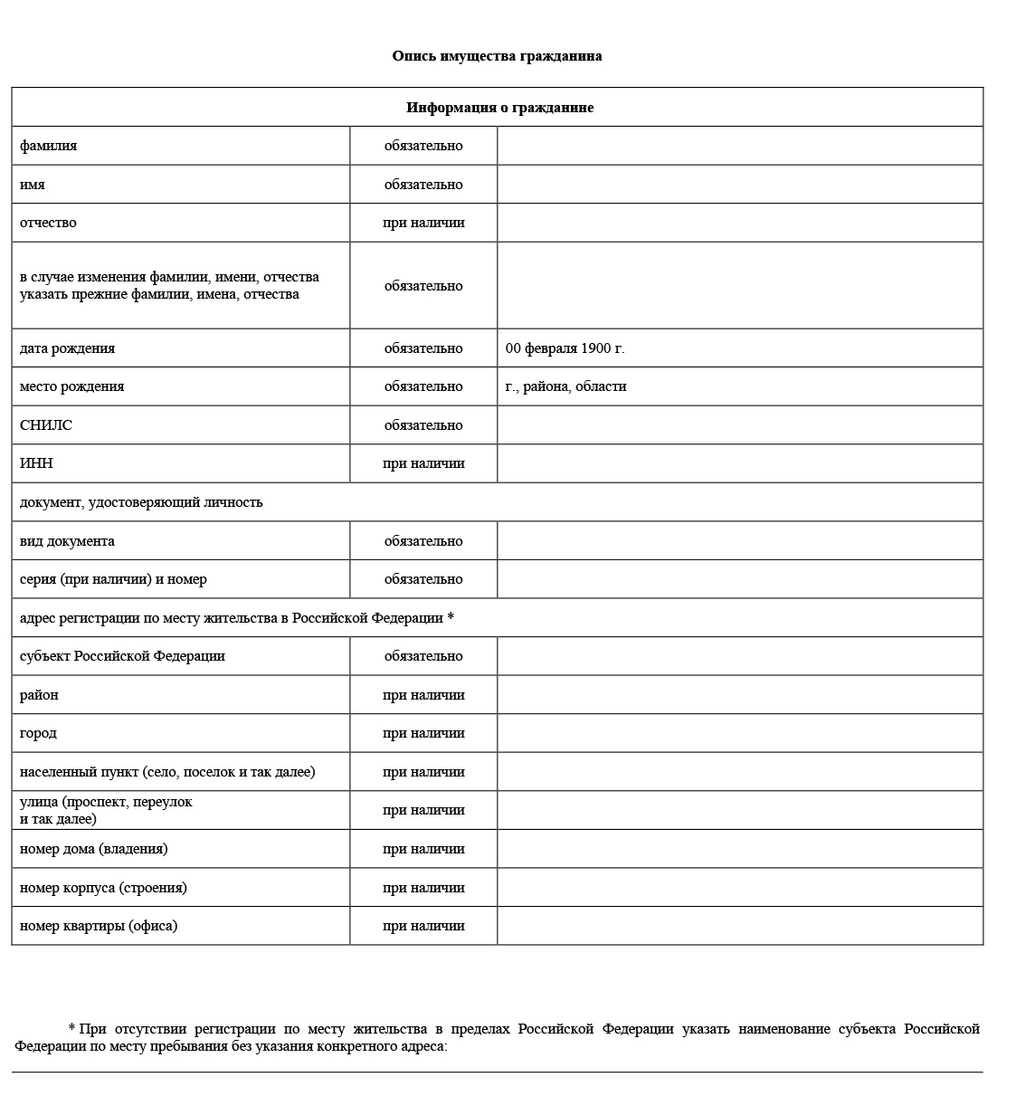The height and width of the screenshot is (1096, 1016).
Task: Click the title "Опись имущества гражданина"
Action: point(497,56)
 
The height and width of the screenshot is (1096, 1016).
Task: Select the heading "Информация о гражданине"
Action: point(499,108)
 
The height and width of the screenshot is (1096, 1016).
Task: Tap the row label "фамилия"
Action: point(48,146)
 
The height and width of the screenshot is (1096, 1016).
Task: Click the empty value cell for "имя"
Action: point(739,185)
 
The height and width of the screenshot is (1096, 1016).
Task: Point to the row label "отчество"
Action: point(48,223)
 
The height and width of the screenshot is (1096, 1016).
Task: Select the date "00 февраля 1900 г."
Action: point(565,348)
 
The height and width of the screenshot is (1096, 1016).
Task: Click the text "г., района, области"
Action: point(565,386)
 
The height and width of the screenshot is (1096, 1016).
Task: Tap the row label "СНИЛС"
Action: point(46,425)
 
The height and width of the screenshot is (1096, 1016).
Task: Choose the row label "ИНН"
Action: point(36,463)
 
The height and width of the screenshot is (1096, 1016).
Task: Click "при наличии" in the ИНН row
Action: point(423,463)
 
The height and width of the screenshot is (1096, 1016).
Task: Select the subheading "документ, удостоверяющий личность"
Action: point(141,502)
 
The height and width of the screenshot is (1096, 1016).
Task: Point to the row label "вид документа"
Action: point(67,541)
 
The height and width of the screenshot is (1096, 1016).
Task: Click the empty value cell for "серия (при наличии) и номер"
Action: point(739,579)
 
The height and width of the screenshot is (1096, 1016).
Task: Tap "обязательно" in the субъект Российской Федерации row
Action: point(423,656)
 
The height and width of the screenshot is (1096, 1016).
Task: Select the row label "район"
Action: point(39,695)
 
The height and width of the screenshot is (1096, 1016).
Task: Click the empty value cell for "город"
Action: point(739,733)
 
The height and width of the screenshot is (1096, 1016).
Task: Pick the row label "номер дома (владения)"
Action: point(93,849)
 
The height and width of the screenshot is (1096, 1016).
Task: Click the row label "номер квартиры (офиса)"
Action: point(99,926)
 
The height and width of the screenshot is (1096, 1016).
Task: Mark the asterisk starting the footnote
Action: point(71,1029)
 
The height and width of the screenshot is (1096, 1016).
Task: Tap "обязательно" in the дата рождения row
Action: point(423,348)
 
